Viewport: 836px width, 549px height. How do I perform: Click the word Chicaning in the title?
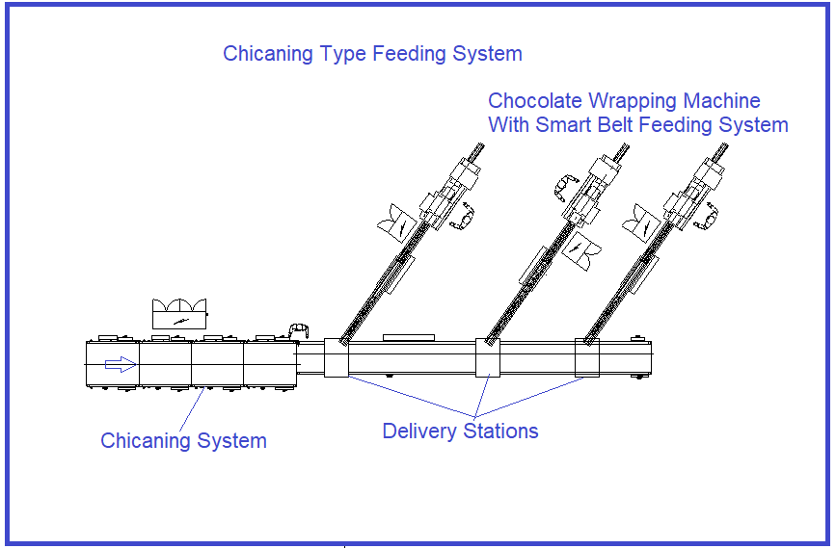coord(265,54)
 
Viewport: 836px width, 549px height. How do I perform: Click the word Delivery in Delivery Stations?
coord(420,431)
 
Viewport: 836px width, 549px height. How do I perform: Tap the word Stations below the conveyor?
coord(499,431)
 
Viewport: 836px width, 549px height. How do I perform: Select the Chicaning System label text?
coord(183,441)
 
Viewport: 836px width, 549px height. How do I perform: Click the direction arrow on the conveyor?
coord(120,364)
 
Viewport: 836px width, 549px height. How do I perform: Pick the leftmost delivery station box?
coord(336,357)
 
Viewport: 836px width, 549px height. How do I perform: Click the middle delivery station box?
coord(488,357)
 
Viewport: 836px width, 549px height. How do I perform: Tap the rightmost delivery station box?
coord(587,357)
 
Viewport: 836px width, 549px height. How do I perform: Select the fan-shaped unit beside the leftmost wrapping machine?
coord(397,225)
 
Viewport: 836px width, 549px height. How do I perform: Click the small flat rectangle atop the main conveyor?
coord(400,338)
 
